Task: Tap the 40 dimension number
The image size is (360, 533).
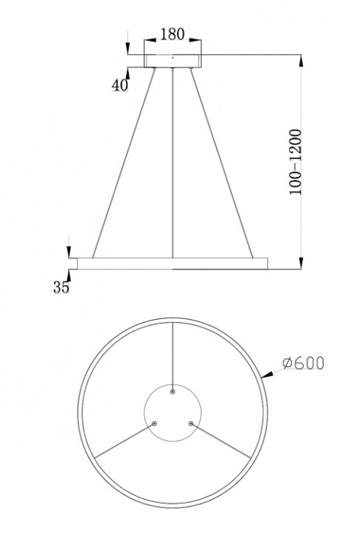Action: pyautogui.click(x=119, y=86)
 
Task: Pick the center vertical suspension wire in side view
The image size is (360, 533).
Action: pyautogui.click(x=173, y=162)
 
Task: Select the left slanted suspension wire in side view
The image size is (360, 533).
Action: pyautogui.click(x=124, y=162)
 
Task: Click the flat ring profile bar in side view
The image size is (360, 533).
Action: pyautogui.click(x=173, y=263)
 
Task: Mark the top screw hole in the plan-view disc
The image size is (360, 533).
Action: pyautogui.click(x=173, y=392)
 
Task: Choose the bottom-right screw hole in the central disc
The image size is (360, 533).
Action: pyautogui.click(x=191, y=423)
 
